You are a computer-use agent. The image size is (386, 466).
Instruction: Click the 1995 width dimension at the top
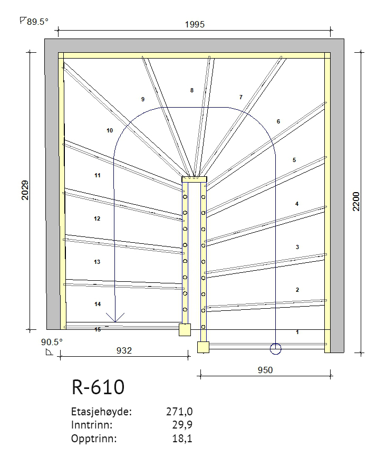click(195, 24)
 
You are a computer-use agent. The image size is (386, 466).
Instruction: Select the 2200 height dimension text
click(356, 202)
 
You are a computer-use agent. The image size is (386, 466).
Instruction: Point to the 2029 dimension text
click(25, 190)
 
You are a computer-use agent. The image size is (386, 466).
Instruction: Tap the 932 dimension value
click(124, 351)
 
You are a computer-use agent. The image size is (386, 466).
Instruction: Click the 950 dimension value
click(265, 370)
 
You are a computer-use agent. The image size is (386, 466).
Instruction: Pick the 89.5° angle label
click(34, 22)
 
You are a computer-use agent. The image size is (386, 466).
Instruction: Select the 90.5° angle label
click(52, 342)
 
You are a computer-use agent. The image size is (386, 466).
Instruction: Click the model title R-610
click(98, 387)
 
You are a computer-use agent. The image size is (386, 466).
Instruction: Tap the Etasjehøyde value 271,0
click(179, 412)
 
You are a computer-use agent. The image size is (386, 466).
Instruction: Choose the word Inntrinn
click(92, 425)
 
